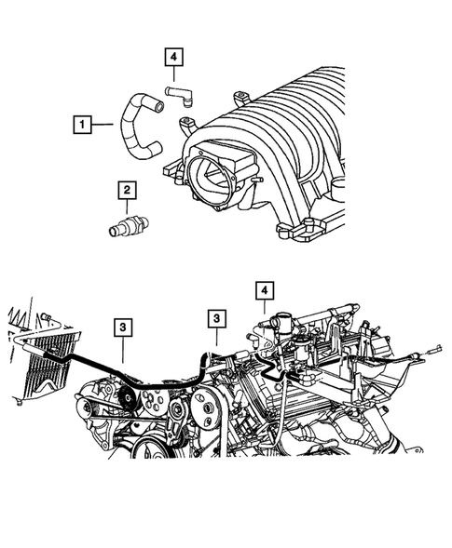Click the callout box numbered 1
click(x=82, y=122)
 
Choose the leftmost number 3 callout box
click(x=123, y=327)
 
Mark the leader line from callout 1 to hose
click(x=104, y=122)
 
